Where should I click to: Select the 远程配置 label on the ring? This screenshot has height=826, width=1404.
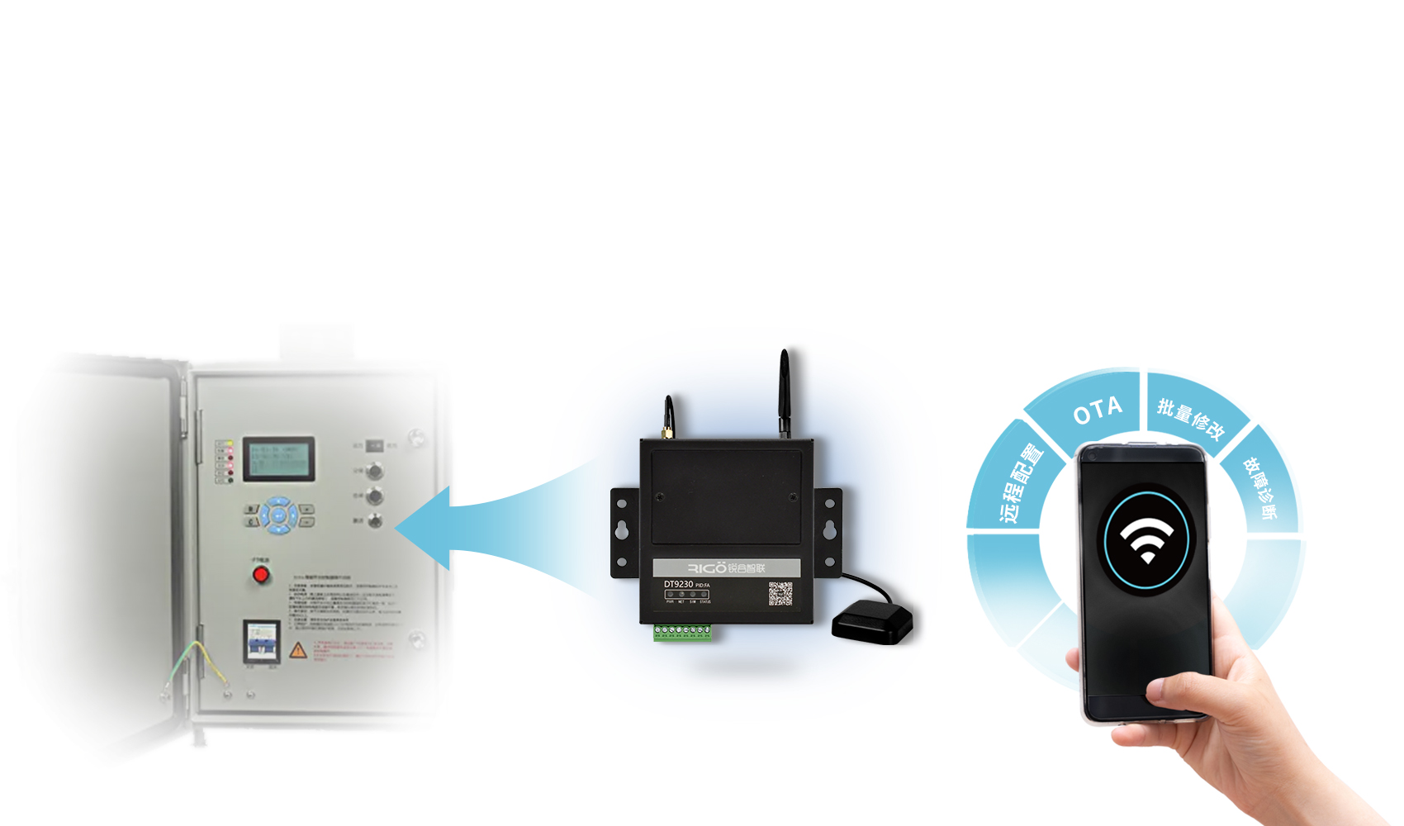[1021, 482]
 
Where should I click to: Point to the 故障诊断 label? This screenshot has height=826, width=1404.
[1260, 487]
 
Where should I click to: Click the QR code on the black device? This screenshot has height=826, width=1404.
[780, 593]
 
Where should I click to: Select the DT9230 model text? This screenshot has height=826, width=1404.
[678, 584]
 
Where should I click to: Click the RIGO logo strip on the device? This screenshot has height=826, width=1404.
[726, 567]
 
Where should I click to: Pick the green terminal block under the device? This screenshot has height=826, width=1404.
[682, 633]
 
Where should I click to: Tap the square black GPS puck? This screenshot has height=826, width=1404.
[872, 623]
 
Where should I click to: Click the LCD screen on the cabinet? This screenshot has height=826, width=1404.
[279, 458]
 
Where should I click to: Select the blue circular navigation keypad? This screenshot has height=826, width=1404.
[279, 515]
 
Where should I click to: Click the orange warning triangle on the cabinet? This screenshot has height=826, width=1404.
[298, 651]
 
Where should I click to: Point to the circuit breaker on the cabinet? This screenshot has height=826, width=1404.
[262, 642]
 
